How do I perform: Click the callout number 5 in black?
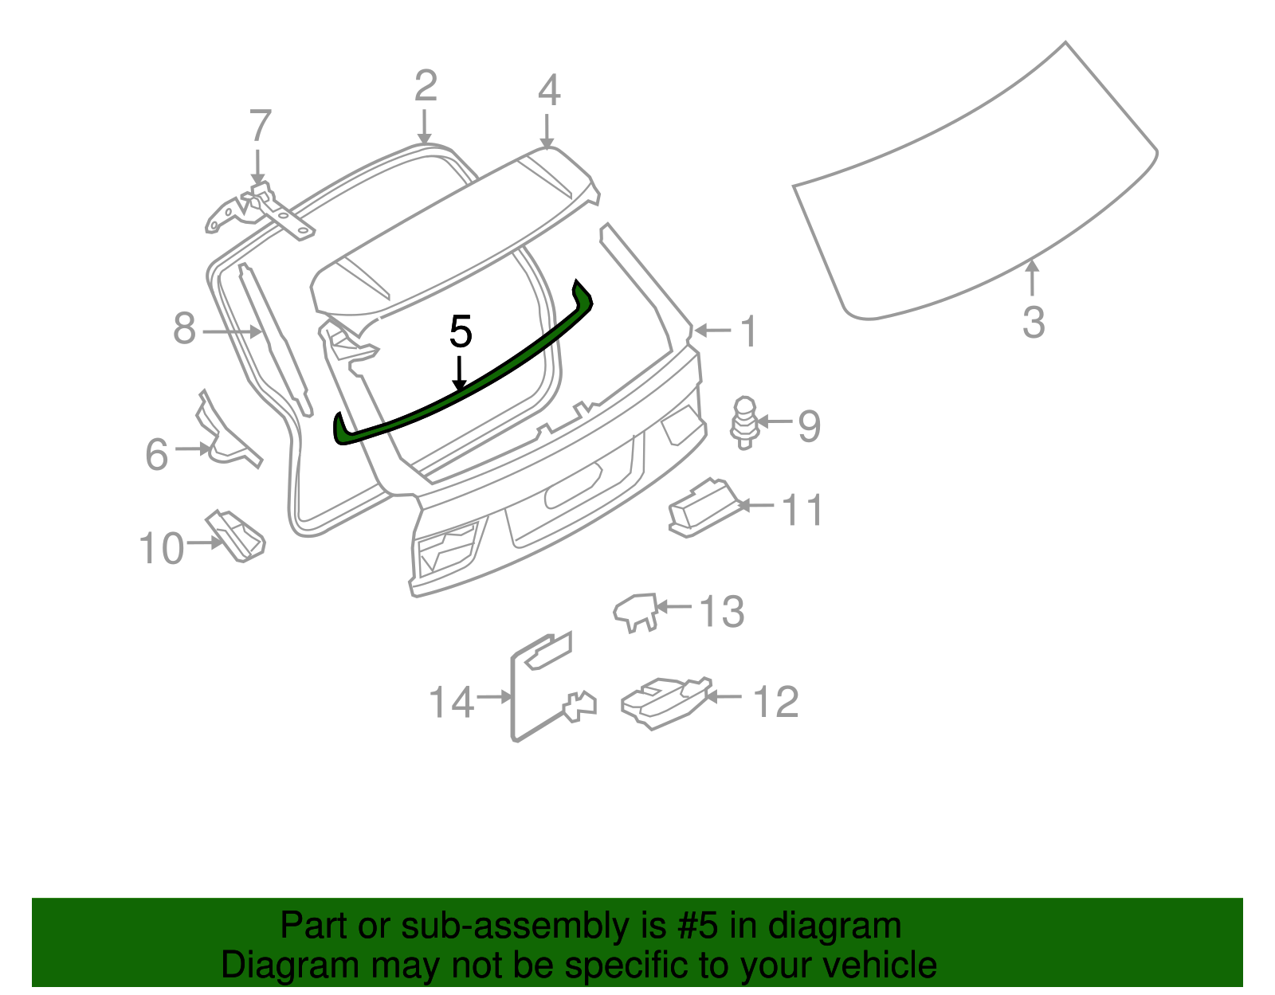tap(461, 331)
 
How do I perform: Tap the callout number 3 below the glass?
tap(1033, 323)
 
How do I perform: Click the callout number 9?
tap(809, 426)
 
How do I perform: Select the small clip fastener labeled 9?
tap(744, 421)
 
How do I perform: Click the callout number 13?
tap(722, 612)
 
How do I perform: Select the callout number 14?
tap(451, 703)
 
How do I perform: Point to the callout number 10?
tap(162, 549)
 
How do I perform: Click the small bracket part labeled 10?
tap(237, 535)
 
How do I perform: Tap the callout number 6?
tap(157, 455)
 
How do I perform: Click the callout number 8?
tap(184, 328)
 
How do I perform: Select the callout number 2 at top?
tap(426, 86)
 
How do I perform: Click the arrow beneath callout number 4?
tap(547, 129)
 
